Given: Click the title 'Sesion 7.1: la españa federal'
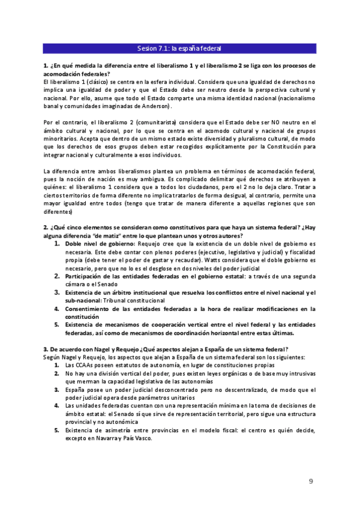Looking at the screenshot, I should tap(179, 49).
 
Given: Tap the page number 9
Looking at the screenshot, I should tap(311, 481).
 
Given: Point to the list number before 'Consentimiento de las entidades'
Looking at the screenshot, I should tap(57, 309).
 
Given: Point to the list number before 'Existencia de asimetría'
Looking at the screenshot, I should tap(57, 430).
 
